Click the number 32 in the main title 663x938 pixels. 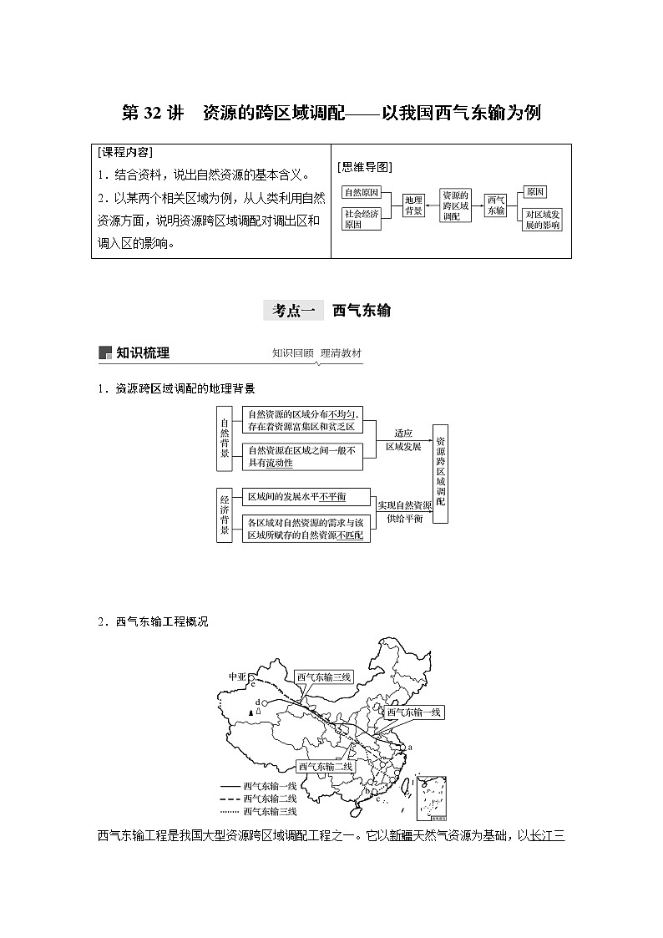pos(154,113)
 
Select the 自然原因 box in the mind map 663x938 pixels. pos(362,192)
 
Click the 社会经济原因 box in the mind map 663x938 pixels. pos(362,219)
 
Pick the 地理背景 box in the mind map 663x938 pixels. pos(413,205)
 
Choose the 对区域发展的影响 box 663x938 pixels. pos(542,220)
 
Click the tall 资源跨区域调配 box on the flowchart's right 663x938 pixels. pos(440,479)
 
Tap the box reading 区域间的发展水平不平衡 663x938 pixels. pos(297,497)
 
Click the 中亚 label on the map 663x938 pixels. pos(237,676)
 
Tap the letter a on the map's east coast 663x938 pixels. pos(410,747)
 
